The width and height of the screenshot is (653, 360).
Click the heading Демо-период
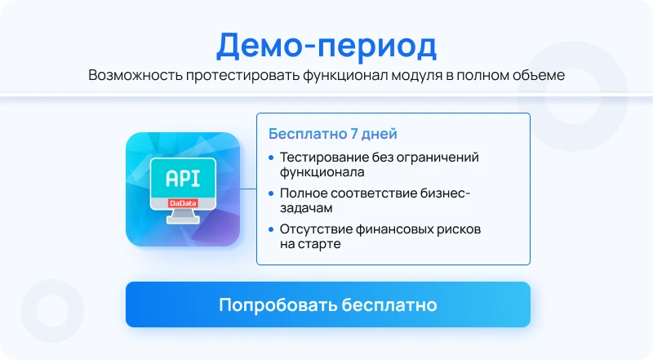click(326, 46)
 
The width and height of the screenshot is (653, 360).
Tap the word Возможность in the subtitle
click(135, 75)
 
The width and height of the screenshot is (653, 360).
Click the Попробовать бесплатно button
click(328, 304)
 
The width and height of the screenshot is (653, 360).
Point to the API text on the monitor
click(183, 178)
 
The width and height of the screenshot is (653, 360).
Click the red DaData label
click(183, 203)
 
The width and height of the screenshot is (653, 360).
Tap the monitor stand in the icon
click(183, 216)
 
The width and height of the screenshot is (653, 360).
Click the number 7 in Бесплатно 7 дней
click(354, 134)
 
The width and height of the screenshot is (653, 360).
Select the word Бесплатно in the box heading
click(308, 134)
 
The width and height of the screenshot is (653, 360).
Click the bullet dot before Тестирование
click(271, 158)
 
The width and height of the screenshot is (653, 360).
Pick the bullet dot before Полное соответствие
click(271, 193)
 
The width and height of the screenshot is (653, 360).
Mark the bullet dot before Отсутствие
click(271, 229)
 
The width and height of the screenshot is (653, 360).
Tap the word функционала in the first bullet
click(322, 172)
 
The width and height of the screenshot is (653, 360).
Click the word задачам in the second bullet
click(306, 208)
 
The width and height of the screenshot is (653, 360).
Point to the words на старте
click(310, 244)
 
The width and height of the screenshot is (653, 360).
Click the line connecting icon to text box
click(248, 189)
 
